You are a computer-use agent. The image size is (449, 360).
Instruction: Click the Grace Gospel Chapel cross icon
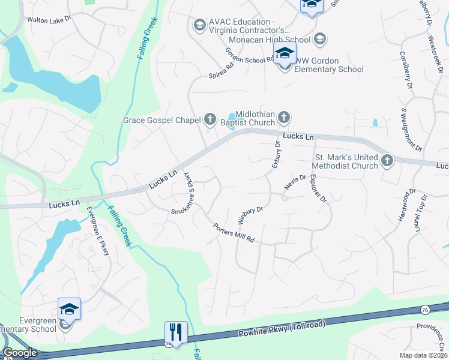[x=210, y=119]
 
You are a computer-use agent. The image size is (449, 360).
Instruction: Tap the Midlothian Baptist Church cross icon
[x=284, y=116]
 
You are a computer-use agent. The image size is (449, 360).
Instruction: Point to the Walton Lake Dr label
[x=49, y=19]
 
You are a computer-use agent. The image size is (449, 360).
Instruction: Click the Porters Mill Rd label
[x=234, y=233]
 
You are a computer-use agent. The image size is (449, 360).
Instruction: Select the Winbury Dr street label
[x=250, y=213]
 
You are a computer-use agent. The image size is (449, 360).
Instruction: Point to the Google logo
[x=20, y=353]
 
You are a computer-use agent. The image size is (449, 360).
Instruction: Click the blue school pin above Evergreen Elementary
[x=69, y=309]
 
